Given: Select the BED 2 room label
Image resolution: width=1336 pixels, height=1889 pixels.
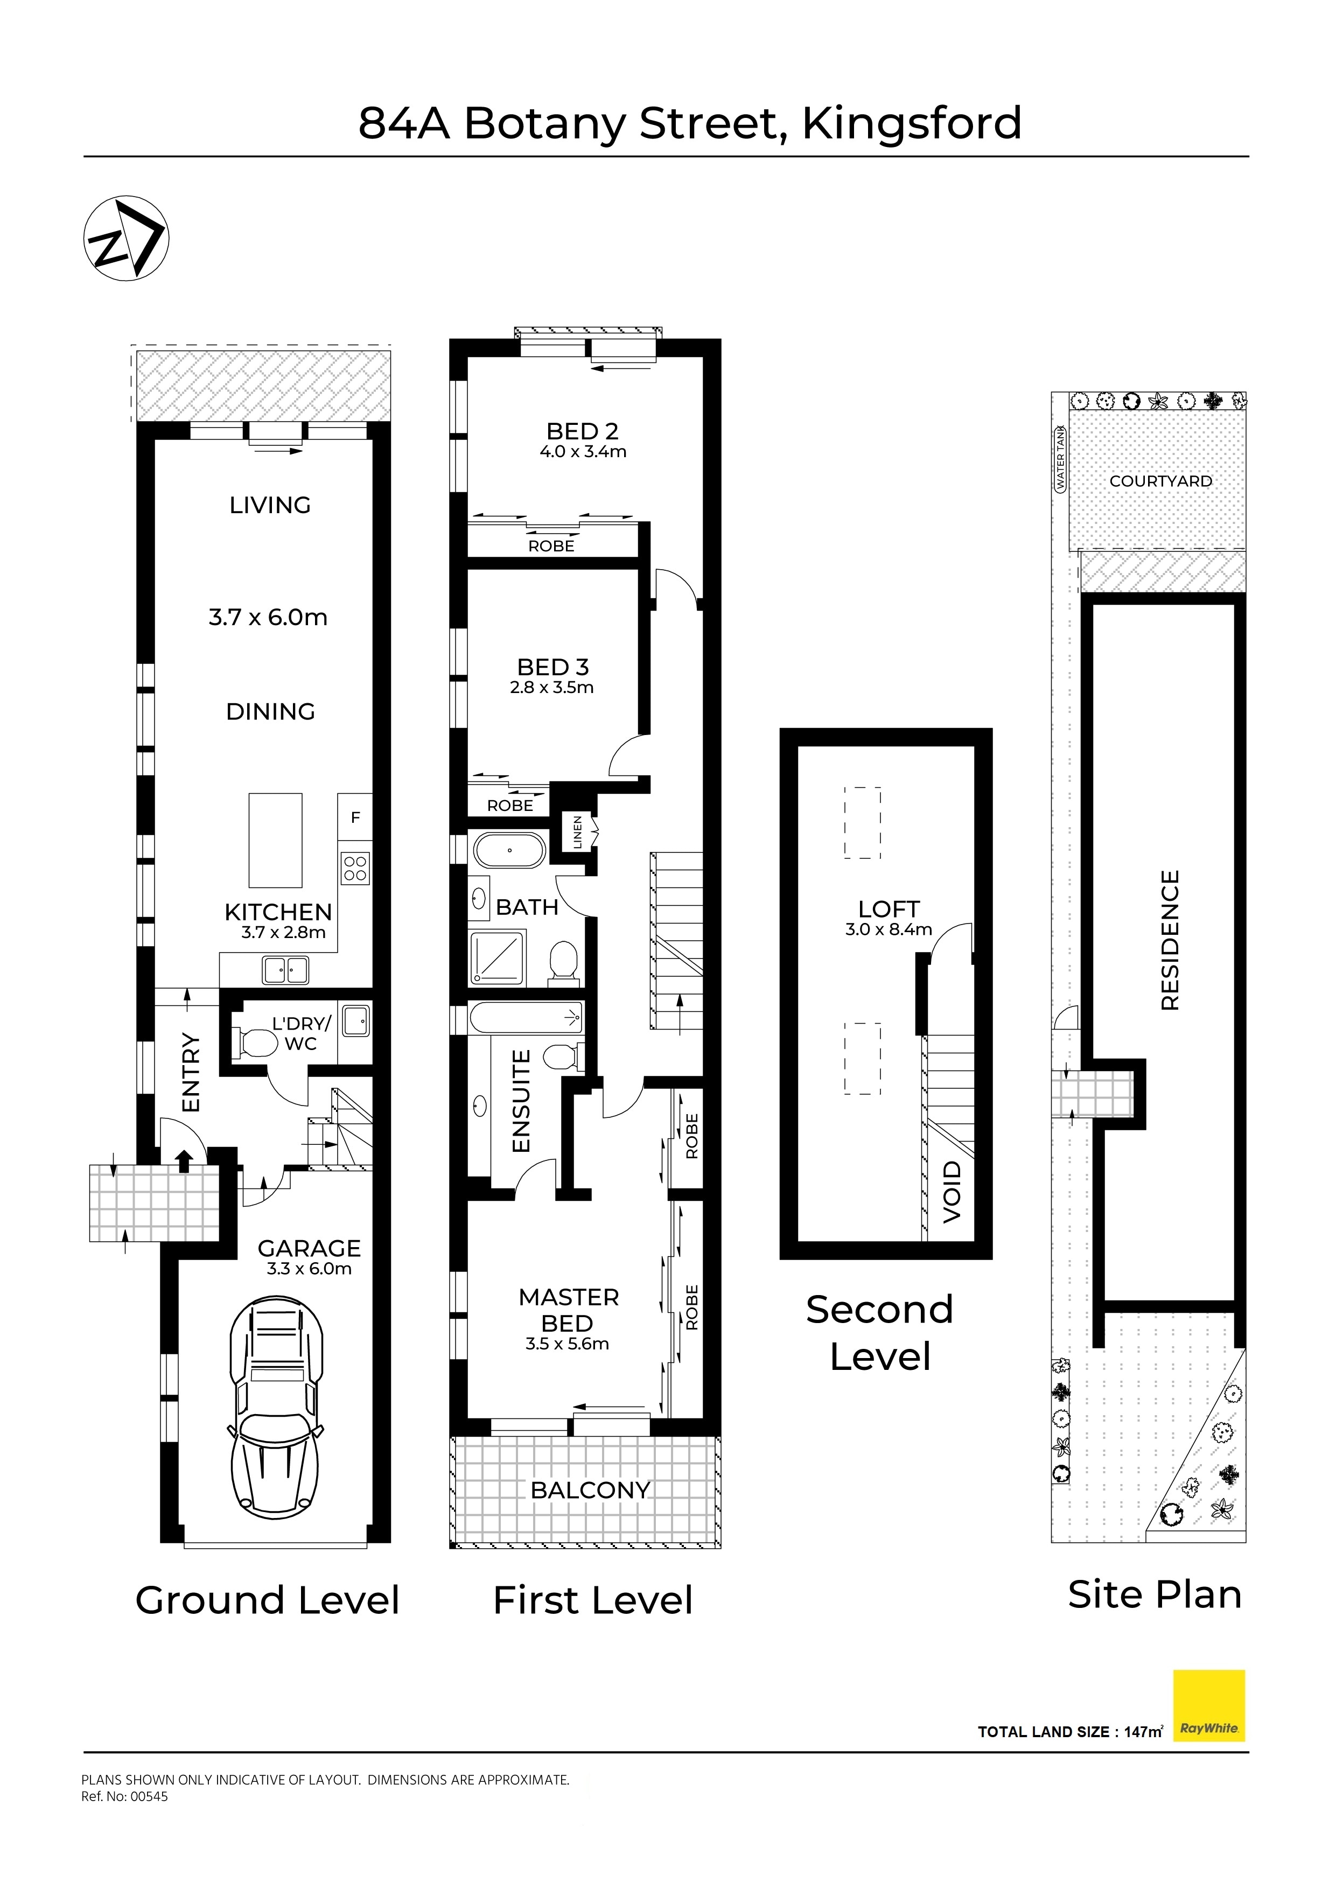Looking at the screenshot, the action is tap(583, 431).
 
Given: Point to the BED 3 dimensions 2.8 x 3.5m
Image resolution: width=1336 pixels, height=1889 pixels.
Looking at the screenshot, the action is tap(552, 688).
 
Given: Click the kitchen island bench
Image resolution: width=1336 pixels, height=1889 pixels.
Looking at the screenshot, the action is tap(276, 840).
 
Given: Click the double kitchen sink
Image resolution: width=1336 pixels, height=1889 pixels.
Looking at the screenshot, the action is tap(285, 970).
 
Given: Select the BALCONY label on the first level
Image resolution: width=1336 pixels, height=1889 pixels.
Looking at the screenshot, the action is tap(591, 1490).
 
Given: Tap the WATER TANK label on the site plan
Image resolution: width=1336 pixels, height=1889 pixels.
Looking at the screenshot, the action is tap(1060, 459).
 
